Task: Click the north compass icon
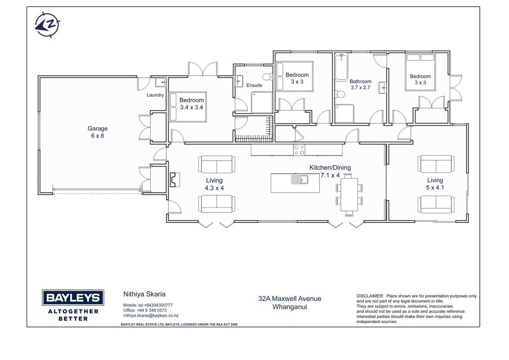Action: pos(47,25)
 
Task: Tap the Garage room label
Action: pos(98,128)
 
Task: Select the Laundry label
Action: pos(155,95)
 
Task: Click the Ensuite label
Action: pos(254,85)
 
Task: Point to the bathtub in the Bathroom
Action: pos(341,67)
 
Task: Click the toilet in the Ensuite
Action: pos(268,76)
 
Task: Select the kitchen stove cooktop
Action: pos(299,150)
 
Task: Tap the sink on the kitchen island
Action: pos(300,179)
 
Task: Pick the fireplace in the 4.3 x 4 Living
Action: pos(174,180)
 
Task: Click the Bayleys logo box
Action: pos(73,297)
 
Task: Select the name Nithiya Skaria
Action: pos(144,294)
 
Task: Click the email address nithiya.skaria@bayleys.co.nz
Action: pos(151,315)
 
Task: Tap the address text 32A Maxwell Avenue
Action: pos(290,299)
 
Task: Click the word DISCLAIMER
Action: pos(370,296)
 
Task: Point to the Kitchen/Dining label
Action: pos(330,168)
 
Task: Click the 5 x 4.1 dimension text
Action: pos(435,188)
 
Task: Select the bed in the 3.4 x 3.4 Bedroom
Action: pos(188,107)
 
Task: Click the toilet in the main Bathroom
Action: pos(340,94)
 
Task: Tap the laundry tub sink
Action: pos(161,82)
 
